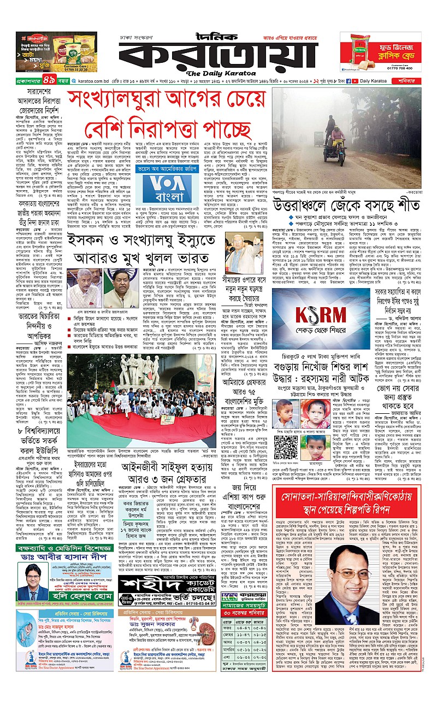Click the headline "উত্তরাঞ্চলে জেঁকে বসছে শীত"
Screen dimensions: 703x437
[345, 205]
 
